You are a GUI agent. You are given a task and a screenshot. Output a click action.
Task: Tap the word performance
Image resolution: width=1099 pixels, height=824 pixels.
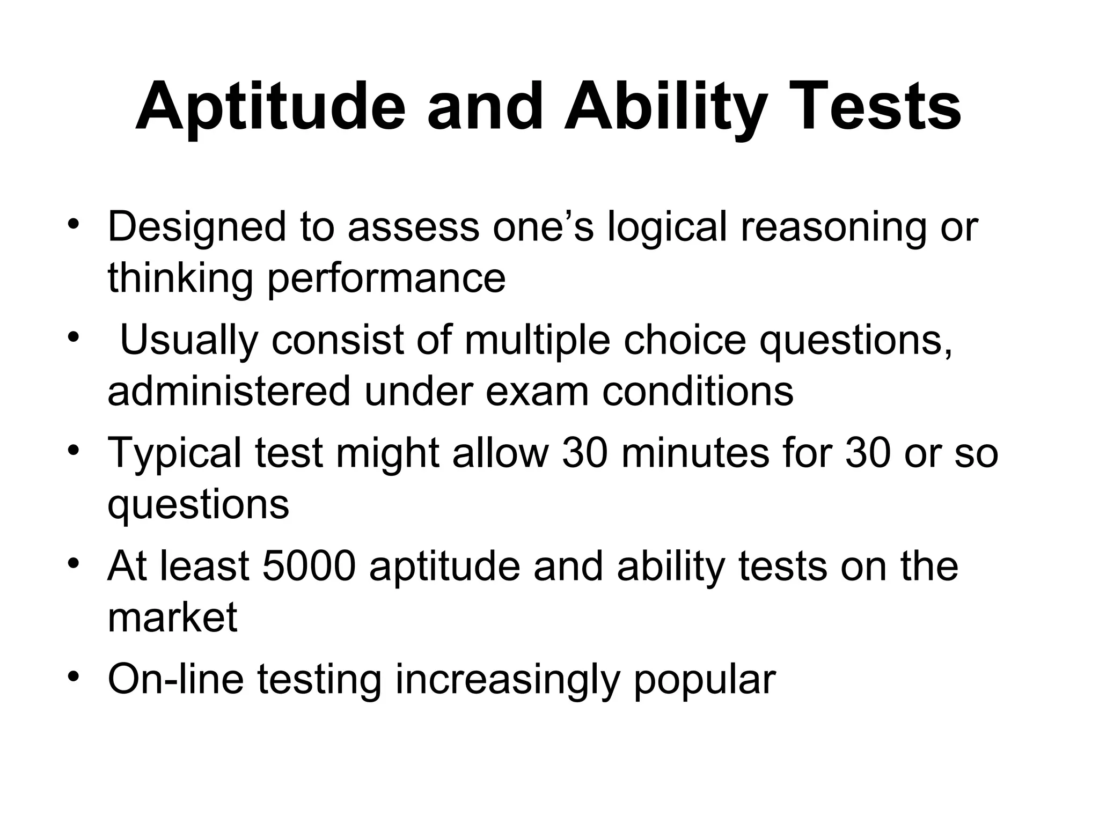pyautogui.click(x=386, y=278)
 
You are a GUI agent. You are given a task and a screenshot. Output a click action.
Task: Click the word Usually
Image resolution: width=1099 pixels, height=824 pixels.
pyautogui.click(x=189, y=341)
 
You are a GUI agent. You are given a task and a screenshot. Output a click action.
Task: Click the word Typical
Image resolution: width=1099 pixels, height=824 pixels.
pyautogui.click(x=174, y=454)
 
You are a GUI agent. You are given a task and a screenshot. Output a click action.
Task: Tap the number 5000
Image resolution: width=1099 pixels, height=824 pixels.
pyautogui.click(x=309, y=566)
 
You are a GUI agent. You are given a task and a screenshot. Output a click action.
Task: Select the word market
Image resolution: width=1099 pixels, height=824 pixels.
pyautogui.click(x=172, y=617)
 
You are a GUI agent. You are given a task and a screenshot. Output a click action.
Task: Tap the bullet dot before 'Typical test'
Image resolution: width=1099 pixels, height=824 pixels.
pyautogui.click(x=74, y=451)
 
